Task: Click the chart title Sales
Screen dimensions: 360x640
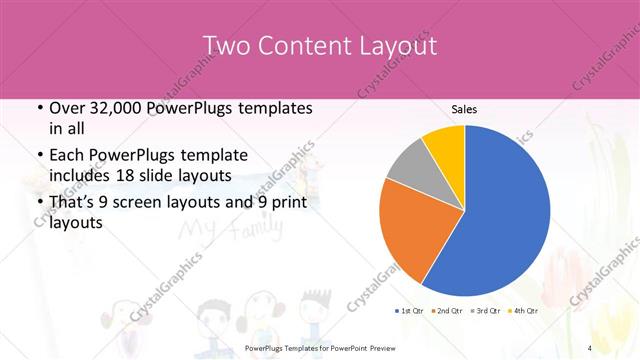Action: coord(464,108)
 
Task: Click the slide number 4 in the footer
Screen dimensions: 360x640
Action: coord(590,347)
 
